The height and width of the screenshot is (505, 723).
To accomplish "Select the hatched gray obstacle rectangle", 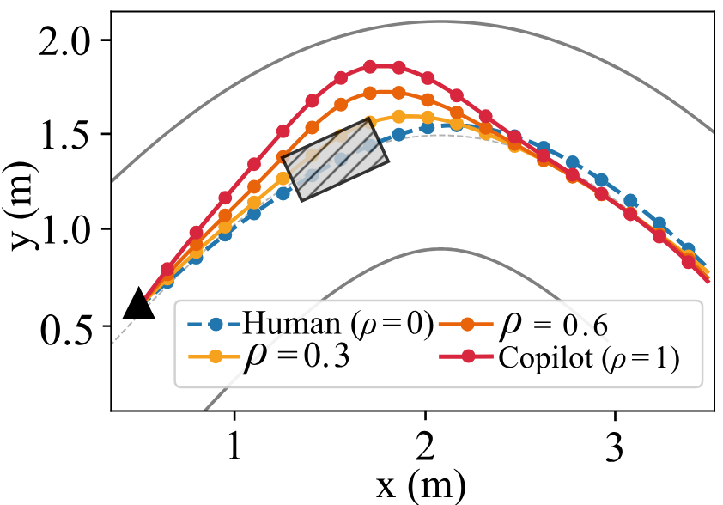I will coord(335,160).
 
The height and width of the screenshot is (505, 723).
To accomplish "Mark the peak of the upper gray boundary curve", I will coord(440,21).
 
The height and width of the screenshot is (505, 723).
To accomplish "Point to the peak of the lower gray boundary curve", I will coord(440,249).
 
